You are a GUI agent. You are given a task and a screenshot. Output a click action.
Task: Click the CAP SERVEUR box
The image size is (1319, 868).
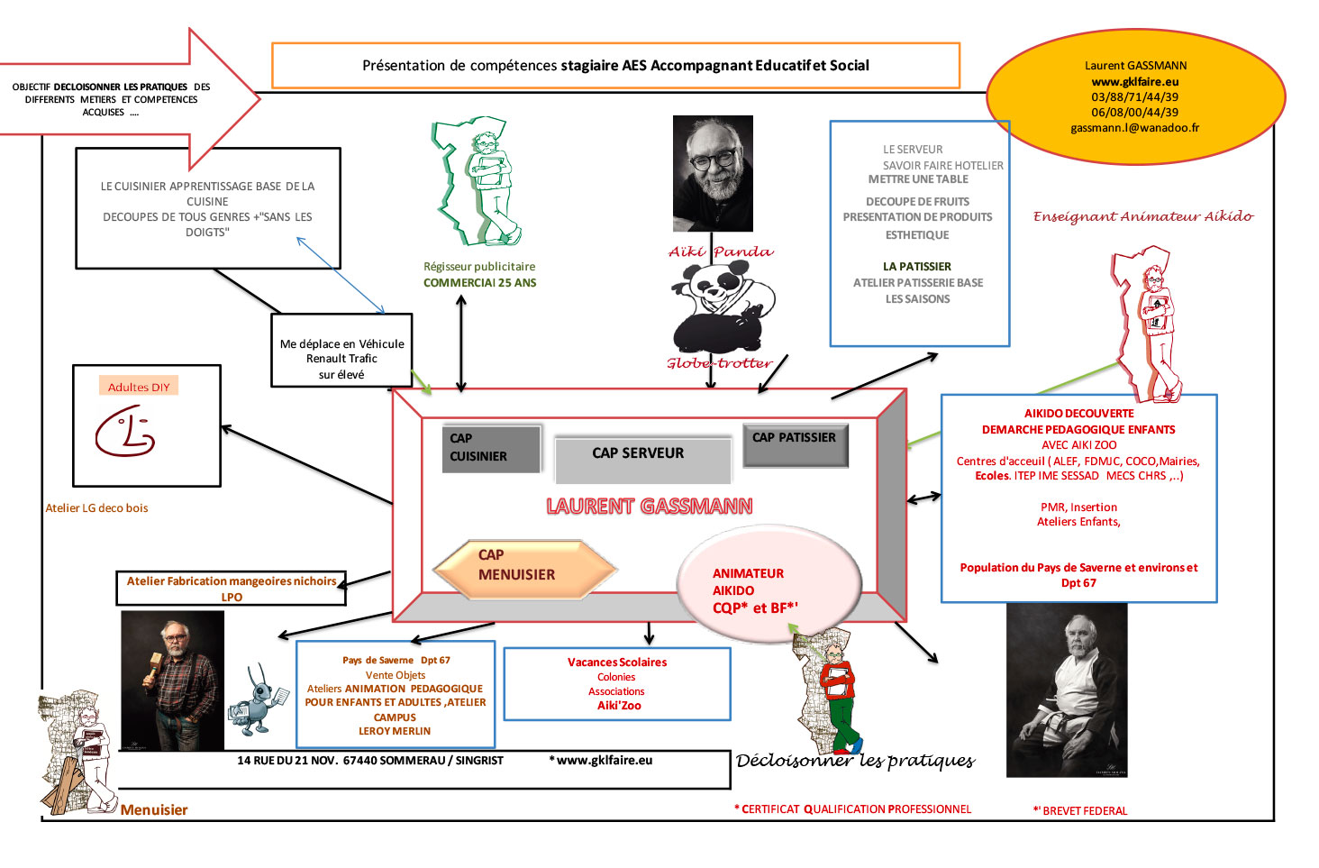click(642, 460)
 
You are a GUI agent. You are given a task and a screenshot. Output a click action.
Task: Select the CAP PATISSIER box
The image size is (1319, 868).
click(796, 445)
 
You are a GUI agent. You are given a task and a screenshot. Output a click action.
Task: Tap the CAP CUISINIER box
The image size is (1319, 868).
click(491, 449)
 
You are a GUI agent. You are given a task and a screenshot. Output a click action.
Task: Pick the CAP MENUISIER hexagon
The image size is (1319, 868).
click(524, 570)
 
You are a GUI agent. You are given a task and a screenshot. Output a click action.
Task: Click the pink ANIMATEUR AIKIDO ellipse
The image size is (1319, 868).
click(769, 584)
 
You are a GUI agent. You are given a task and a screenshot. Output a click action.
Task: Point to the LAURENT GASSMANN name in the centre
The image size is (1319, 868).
click(649, 507)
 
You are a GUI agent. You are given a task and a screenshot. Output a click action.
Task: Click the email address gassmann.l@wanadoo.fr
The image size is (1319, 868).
click(1134, 128)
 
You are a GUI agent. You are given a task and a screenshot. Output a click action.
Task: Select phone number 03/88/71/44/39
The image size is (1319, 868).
click(1134, 97)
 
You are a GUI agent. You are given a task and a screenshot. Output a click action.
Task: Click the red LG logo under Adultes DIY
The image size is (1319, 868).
click(125, 431)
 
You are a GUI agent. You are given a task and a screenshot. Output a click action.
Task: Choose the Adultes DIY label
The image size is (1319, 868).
click(139, 388)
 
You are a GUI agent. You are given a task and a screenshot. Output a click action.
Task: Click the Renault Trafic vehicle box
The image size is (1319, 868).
click(341, 350)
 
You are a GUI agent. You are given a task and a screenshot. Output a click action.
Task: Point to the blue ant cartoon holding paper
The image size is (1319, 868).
click(258, 700)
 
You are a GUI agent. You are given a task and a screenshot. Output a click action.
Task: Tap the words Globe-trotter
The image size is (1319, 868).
click(719, 363)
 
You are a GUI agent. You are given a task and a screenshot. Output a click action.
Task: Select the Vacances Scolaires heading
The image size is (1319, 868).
click(617, 662)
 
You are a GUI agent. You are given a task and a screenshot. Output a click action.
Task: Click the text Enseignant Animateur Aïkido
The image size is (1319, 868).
click(1143, 216)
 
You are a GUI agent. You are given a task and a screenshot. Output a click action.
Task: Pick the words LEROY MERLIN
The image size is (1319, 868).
click(395, 731)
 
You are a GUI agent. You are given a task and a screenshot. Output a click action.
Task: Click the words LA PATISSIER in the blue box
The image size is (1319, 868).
click(917, 267)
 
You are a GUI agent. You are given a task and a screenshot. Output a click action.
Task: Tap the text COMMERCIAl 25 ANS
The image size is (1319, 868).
click(480, 283)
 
